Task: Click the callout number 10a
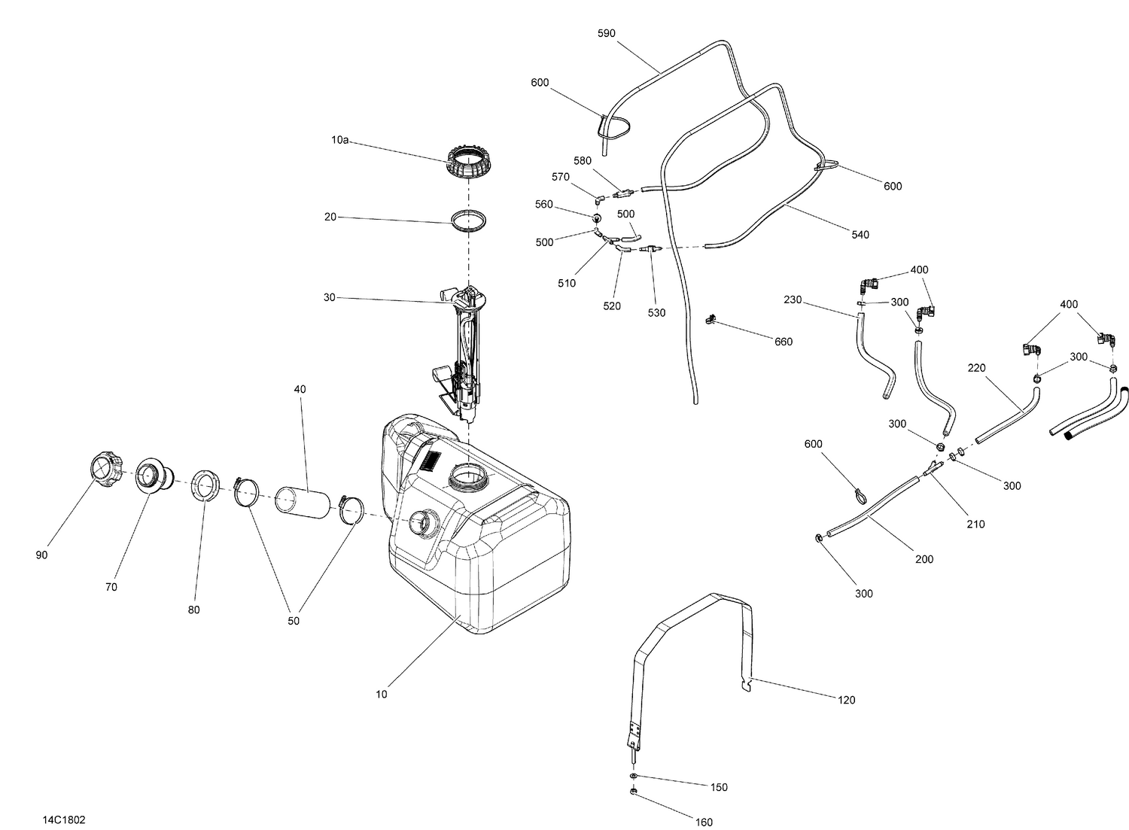[x=339, y=140]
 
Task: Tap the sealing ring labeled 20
[x=468, y=222]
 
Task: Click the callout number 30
[x=330, y=298]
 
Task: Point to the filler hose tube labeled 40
[x=302, y=504]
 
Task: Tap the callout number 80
[x=194, y=610]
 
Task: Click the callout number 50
[x=294, y=621]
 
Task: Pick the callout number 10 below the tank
[x=382, y=694]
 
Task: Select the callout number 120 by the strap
[x=847, y=700]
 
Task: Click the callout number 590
[x=606, y=34]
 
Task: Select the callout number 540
[x=860, y=235]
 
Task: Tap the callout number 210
[x=975, y=524]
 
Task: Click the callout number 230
[x=793, y=300]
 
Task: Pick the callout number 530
[x=656, y=312]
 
